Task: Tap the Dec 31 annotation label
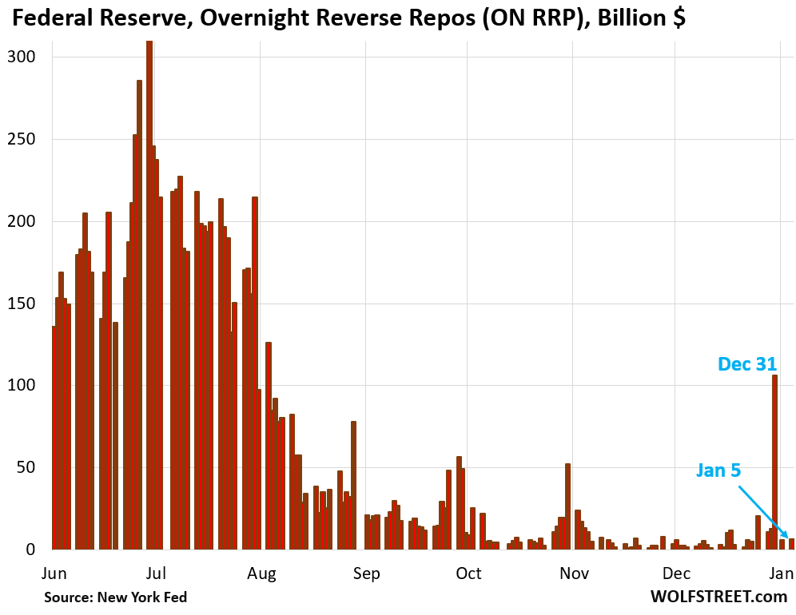coord(747,364)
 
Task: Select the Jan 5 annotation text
coord(718,470)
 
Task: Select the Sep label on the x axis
coord(366,573)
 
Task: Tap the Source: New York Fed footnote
coord(115,597)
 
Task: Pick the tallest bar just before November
coord(567,506)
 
